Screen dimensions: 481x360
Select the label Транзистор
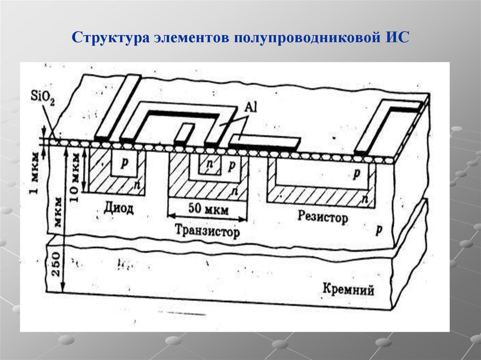tap(207, 231)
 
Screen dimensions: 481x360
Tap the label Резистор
tap(323, 217)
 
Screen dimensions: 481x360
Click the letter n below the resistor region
tap(365, 199)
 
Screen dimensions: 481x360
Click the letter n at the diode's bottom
tap(136, 184)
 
